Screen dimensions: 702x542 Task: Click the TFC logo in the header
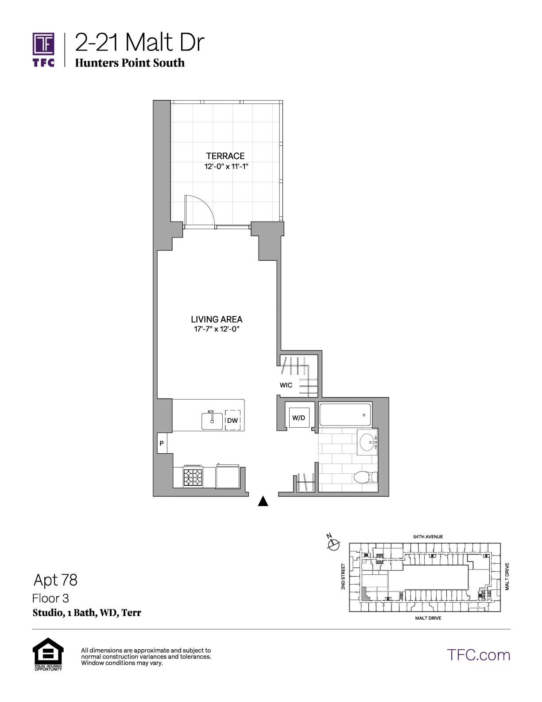(43, 49)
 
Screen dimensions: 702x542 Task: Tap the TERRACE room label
(225, 156)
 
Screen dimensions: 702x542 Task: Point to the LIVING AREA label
(217, 319)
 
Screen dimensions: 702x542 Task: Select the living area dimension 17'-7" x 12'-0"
(217, 329)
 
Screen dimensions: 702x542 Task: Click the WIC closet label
(286, 385)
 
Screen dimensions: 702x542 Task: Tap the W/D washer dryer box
(299, 417)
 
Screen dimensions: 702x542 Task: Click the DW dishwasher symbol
(232, 420)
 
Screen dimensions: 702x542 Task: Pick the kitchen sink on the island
(212, 420)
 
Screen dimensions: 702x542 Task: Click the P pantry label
(162, 444)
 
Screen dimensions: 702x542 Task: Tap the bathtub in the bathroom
(345, 415)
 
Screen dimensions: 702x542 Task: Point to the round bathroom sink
(367, 442)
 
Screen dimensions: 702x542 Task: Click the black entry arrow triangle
(263, 501)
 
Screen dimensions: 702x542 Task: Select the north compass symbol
(333, 543)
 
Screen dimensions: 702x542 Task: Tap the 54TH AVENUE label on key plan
(428, 537)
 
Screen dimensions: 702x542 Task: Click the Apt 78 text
(55, 580)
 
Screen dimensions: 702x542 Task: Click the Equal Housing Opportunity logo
(48, 654)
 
